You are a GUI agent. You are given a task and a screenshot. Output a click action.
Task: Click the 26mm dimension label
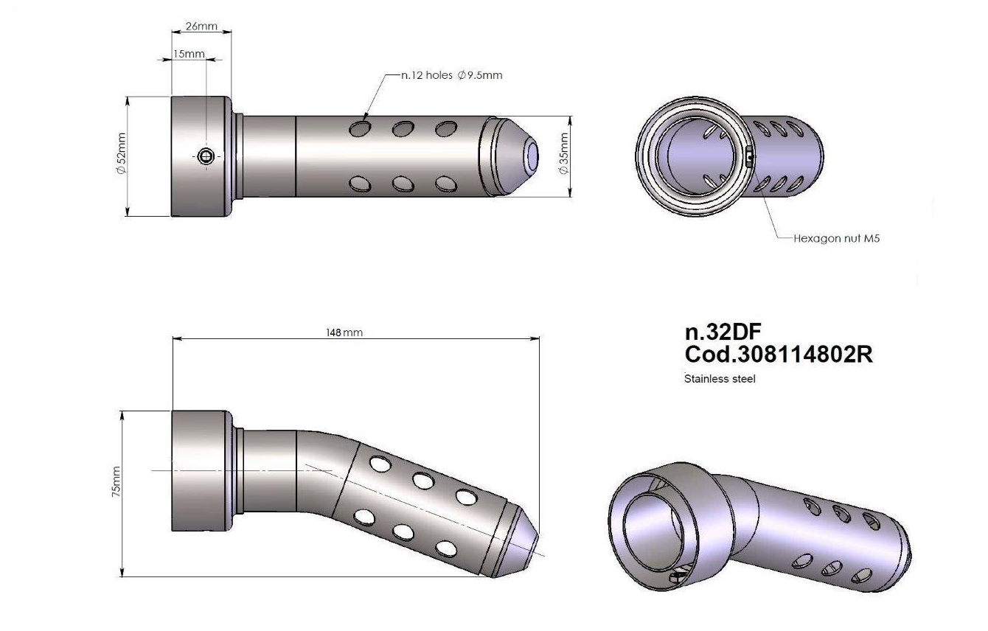(x=201, y=27)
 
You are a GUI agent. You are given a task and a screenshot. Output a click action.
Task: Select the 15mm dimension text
(x=189, y=55)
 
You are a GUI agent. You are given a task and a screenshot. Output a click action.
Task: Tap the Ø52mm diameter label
(x=120, y=156)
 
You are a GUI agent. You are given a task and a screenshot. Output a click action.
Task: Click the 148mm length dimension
(x=344, y=332)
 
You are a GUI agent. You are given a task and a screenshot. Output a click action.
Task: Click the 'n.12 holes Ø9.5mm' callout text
(x=451, y=75)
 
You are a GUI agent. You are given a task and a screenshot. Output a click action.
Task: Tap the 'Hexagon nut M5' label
(x=836, y=238)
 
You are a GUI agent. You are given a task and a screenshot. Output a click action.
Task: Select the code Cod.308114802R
(x=779, y=355)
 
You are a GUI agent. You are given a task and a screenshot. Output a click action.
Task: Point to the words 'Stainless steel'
(x=720, y=379)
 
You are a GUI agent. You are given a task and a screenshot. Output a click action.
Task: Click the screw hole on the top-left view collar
(x=207, y=155)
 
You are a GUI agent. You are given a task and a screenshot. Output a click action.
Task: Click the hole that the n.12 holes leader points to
(x=361, y=130)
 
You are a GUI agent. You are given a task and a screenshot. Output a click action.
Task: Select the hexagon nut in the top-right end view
(x=748, y=156)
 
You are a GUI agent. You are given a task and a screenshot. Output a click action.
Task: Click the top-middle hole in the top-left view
(x=403, y=130)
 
